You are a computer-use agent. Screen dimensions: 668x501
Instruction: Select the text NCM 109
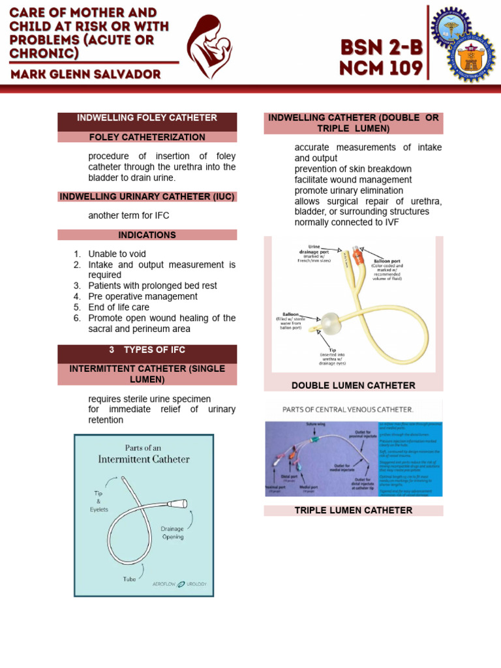pyautogui.click(x=380, y=67)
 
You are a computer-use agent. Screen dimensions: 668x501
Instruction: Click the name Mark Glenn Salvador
pyautogui.click(x=85, y=74)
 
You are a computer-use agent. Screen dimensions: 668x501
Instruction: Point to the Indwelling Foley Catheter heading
pyautogui.click(x=147, y=118)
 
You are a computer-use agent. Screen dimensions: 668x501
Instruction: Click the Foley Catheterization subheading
pyautogui.click(x=147, y=137)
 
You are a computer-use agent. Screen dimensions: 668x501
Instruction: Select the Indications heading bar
pyautogui.click(x=147, y=235)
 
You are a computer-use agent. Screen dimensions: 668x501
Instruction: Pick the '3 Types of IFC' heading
pyautogui.click(x=147, y=350)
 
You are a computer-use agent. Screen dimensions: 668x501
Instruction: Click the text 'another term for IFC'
pyautogui.click(x=129, y=215)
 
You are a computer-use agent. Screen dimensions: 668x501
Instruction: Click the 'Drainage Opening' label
pyautogui.click(x=172, y=532)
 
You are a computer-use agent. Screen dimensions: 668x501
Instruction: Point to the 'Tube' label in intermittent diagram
pyautogui.click(x=129, y=579)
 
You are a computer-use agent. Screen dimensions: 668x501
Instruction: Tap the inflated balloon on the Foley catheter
pyautogui.click(x=329, y=322)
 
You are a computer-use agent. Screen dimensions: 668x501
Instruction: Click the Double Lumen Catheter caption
pyautogui.click(x=353, y=386)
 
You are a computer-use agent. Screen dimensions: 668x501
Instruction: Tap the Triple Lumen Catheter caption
pyautogui.click(x=353, y=510)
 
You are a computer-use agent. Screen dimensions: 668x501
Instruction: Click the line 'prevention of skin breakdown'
pyautogui.click(x=353, y=169)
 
